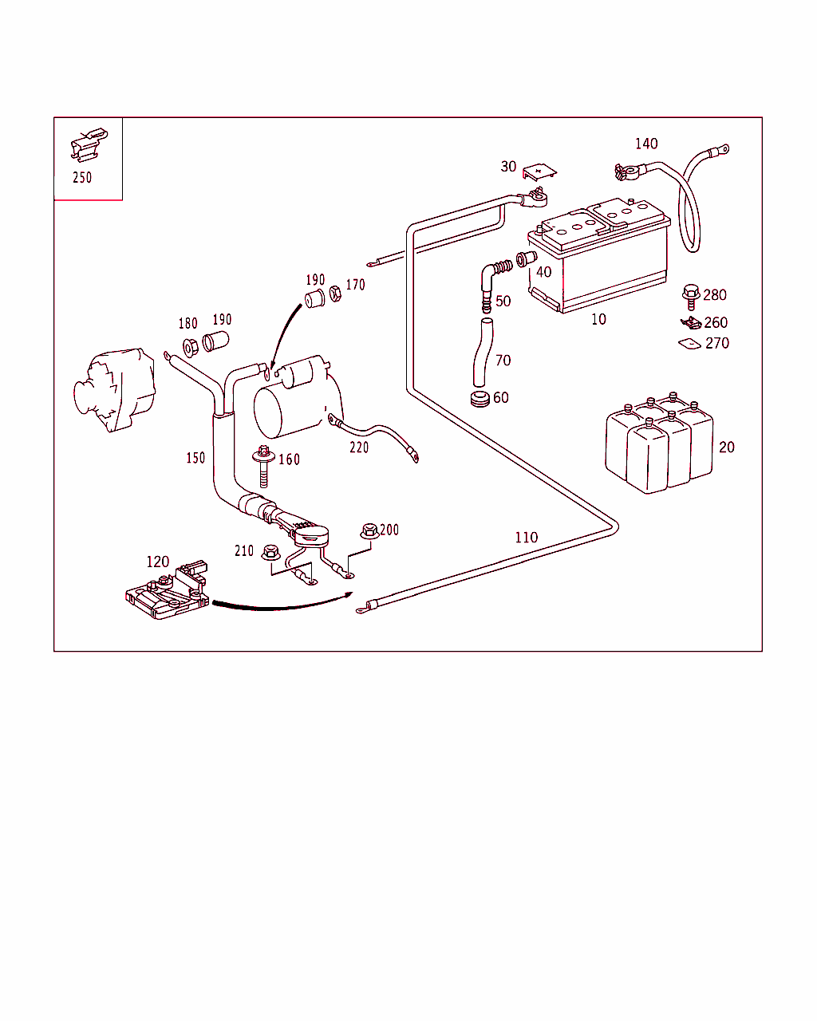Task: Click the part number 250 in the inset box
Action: [82, 177]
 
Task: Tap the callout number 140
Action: [646, 144]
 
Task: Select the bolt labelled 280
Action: [691, 297]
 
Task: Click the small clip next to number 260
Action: [691, 322]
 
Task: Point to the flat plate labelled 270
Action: [689, 344]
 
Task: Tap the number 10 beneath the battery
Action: [598, 319]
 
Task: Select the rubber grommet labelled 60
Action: [480, 399]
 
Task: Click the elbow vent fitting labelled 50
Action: [494, 284]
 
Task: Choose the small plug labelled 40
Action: [527, 258]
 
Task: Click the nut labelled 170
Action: [335, 294]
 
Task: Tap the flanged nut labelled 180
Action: [191, 347]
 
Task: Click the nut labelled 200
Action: [369, 530]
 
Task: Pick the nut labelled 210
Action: [270, 552]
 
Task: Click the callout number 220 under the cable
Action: [359, 447]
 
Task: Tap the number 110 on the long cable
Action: [527, 538]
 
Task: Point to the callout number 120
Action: [158, 562]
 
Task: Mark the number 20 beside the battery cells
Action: [726, 447]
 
